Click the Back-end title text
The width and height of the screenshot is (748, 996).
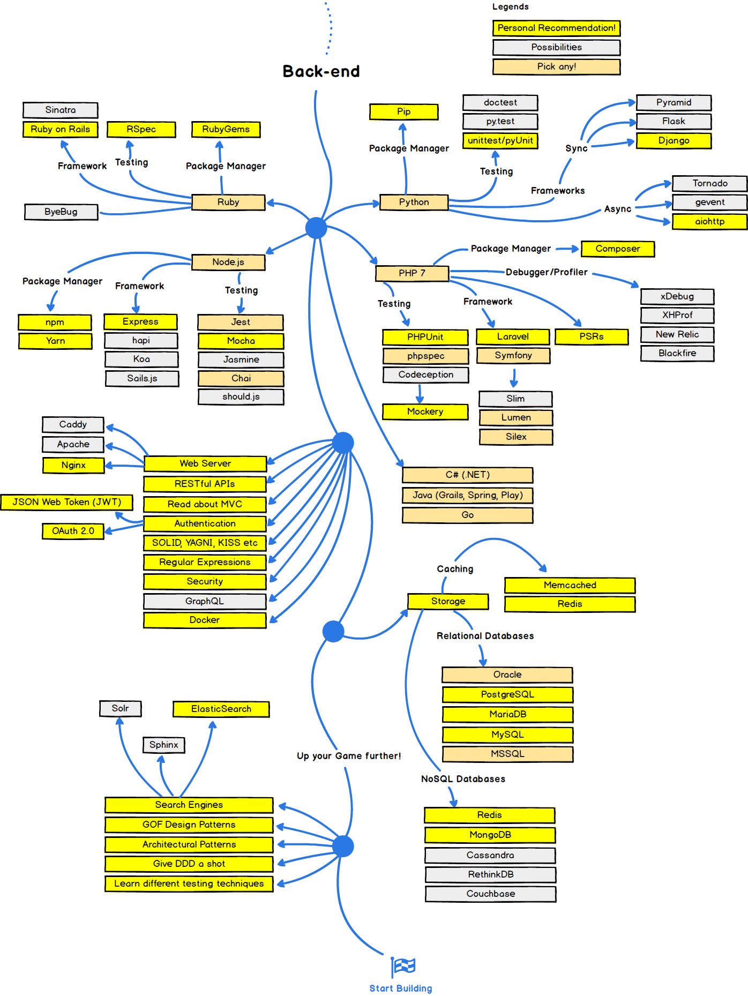point(321,71)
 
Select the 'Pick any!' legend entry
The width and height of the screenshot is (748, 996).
point(556,66)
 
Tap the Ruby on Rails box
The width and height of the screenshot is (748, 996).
point(60,129)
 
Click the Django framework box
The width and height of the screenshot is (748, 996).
point(674,140)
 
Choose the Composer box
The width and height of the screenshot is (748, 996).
point(617,249)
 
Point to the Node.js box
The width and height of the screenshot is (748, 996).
point(228,262)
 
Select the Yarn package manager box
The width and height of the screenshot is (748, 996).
point(55,341)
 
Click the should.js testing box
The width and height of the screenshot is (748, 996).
point(241,396)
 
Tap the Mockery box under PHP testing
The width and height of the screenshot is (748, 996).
point(425,411)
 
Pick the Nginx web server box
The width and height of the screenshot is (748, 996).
point(73,465)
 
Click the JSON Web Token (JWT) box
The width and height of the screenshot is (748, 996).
point(66,502)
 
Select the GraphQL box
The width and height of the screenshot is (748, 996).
point(205,601)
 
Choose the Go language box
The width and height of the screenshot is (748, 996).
point(467,515)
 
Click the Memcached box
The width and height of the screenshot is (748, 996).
point(570,585)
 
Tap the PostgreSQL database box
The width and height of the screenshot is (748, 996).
point(507,694)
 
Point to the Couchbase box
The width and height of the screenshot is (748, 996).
point(490,894)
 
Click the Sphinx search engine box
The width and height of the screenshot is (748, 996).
point(163,745)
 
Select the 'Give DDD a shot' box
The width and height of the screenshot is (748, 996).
point(189,864)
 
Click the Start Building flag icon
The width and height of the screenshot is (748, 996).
point(403,967)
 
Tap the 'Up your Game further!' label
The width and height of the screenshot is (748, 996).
point(349,756)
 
